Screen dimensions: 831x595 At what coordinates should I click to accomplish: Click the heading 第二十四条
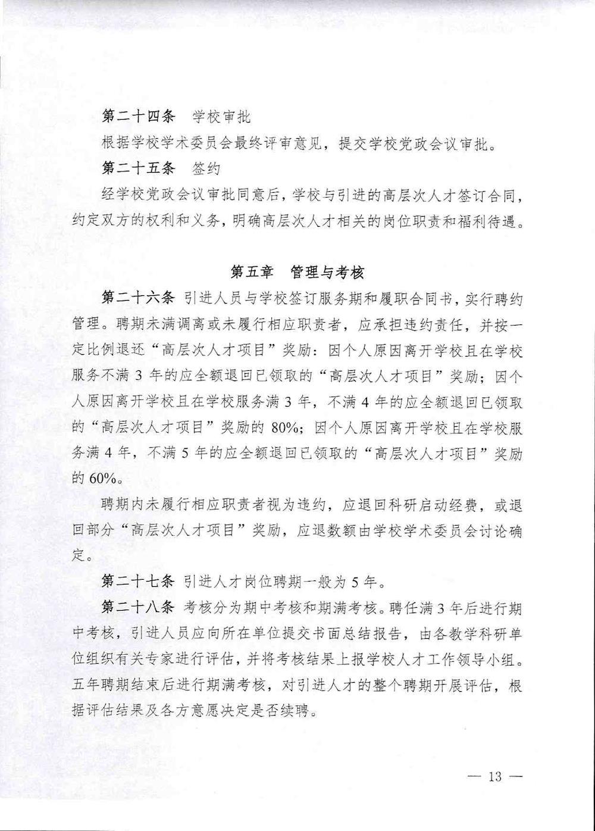139,117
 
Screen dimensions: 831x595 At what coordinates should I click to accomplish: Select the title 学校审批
221,117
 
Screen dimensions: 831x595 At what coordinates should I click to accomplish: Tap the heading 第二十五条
139,168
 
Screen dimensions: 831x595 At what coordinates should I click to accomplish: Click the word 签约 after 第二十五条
206,168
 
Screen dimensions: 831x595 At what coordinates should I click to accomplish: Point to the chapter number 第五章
252,273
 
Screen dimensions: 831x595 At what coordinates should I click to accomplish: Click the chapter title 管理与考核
327,273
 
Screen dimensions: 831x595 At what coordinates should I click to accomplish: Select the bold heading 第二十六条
139,299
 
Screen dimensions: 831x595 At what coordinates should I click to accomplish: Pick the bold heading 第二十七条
139,581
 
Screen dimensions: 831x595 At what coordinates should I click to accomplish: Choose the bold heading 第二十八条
139,608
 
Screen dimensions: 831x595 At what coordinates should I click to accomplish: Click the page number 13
495,777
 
